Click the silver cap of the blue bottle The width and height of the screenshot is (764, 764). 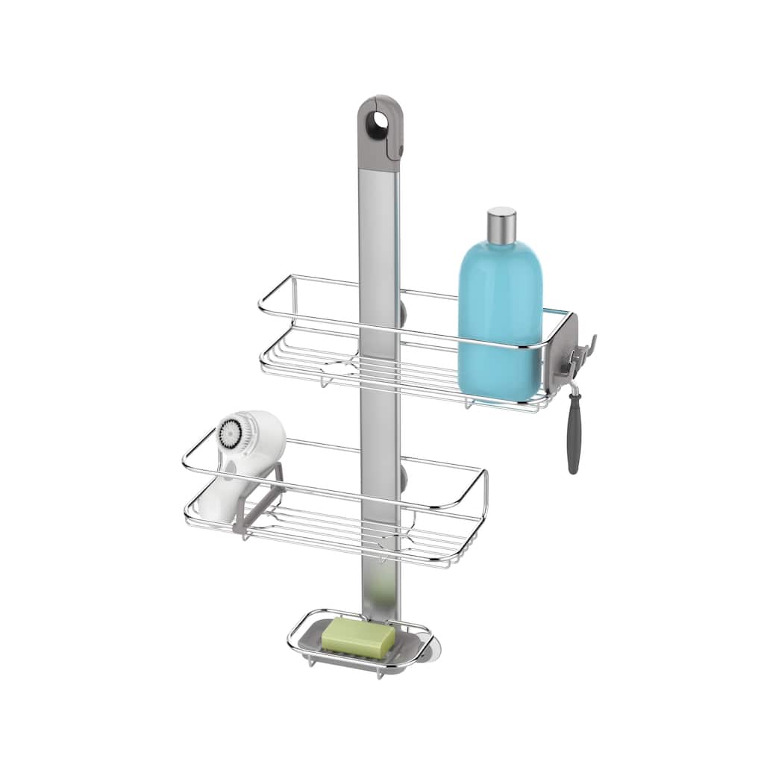tap(501, 225)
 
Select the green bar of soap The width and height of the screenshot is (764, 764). tap(359, 635)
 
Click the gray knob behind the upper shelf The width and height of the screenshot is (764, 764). tap(403, 312)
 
